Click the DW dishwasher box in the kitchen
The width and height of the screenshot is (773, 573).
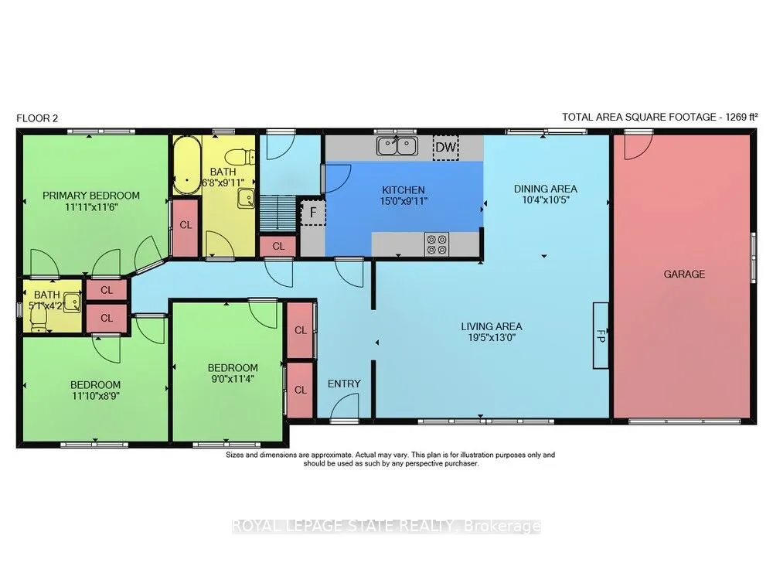446,146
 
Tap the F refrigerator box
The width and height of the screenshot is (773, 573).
313,213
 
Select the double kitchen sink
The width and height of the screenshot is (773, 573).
397,146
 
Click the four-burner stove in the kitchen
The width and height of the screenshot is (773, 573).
438,244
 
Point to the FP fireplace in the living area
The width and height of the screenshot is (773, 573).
601,336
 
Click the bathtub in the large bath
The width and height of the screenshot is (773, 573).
187,165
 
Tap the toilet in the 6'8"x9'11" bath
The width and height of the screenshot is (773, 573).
240,157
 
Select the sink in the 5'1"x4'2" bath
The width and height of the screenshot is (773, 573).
73,302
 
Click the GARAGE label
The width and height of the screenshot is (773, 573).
684,275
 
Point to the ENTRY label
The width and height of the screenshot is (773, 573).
344,384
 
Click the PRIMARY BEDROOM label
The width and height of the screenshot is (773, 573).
91,196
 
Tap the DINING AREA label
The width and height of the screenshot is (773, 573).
545,189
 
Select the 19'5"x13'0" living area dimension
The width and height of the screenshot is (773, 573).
491,338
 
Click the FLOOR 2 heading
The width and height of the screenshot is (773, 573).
37,118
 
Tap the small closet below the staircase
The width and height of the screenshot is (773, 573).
278,246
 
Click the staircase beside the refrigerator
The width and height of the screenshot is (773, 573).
278,213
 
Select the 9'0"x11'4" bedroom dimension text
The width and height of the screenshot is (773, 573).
232,379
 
